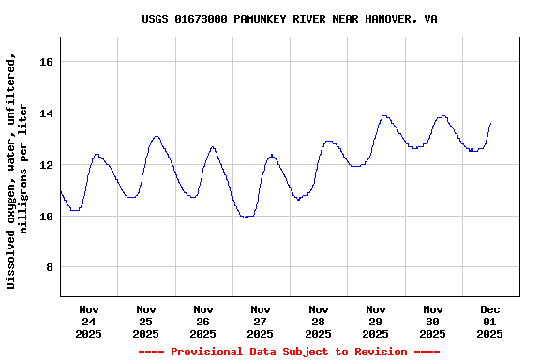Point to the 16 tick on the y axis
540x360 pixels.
click(x=48, y=62)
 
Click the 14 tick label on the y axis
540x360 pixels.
click(x=48, y=113)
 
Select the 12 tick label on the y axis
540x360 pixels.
click(x=48, y=165)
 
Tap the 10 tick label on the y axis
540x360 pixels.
click(x=48, y=217)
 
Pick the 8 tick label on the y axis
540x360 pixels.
click(x=52, y=268)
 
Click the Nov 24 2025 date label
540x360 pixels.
click(x=89, y=321)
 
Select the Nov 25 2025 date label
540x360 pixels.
click(x=146, y=321)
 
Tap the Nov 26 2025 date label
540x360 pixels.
click(x=203, y=321)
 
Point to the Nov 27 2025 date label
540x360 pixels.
click(x=261, y=321)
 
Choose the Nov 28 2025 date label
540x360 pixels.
click(x=318, y=321)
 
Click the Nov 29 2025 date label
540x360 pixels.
click(x=375, y=321)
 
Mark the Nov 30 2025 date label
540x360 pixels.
click(x=432, y=321)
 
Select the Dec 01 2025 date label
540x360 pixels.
click(x=489, y=321)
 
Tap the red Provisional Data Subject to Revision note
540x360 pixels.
click(x=289, y=352)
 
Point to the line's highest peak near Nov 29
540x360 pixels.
click(x=384, y=116)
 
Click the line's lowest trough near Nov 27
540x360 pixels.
click(x=247, y=217)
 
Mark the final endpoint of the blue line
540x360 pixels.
click(x=490, y=123)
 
